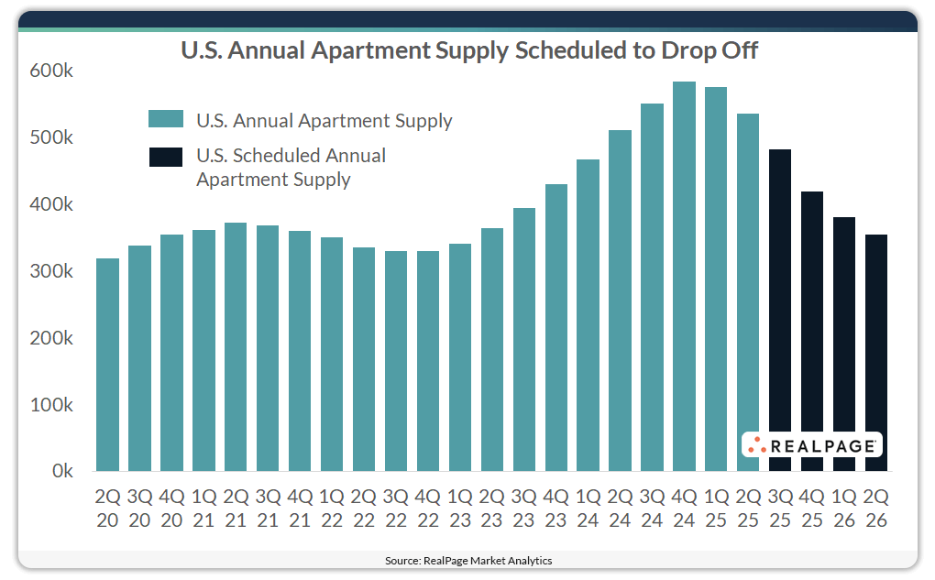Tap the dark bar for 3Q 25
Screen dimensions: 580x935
click(780, 311)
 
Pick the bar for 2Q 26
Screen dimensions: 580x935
click(876, 353)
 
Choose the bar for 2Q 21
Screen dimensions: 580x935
click(236, 347)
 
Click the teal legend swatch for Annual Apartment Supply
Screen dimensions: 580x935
click(166, 120)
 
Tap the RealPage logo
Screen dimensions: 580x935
click(811, 445)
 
